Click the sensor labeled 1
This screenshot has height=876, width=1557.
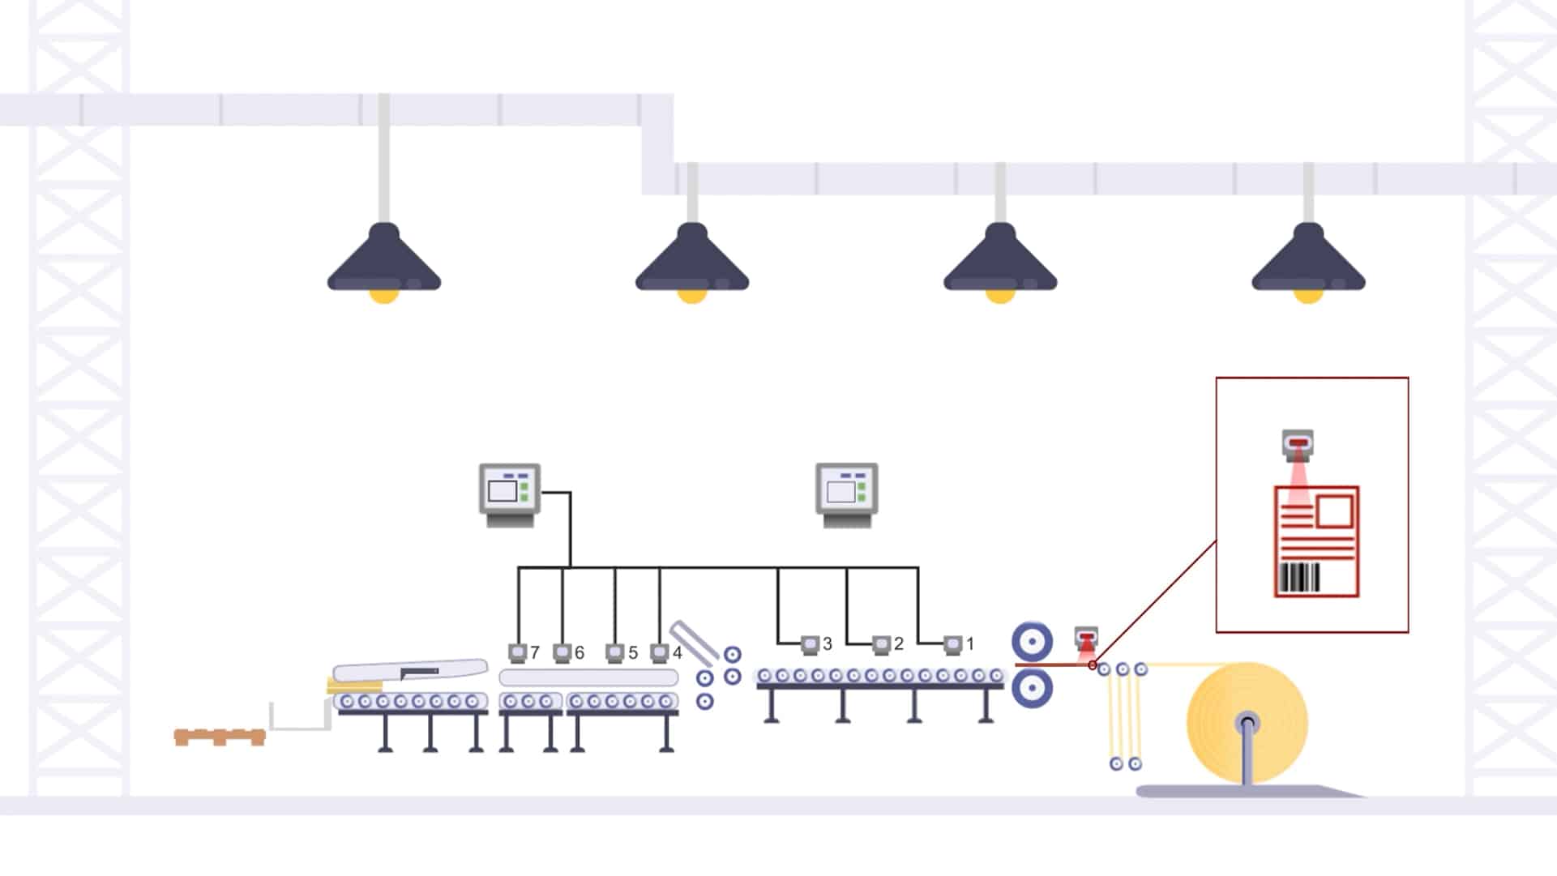tap(952, 645)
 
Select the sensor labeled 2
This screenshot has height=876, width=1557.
tap(881, 645)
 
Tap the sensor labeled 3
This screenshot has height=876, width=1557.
tap(810, 645)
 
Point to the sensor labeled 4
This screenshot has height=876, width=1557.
tap(660, 653)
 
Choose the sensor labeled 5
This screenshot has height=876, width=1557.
tap(615, 653)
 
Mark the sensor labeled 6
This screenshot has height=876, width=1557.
tap(562, 653)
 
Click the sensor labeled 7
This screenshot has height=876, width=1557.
tap(518, 653)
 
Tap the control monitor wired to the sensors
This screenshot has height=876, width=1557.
tap(510, 495)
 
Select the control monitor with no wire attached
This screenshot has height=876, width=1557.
tap(846, 495)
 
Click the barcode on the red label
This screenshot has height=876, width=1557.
tap(1298, 578)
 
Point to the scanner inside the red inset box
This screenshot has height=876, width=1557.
tap(1298, 444)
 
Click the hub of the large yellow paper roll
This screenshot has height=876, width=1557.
tap(1247, 722)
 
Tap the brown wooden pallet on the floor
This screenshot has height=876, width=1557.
tap(220, 737)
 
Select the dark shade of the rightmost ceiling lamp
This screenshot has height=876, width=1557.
tap(1308, 257)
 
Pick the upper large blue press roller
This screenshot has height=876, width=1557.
tap(1032, 643)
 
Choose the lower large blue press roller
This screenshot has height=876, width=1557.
tap(1032, 688)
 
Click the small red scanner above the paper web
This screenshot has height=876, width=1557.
tap(1086, 637)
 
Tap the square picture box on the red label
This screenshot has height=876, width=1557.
tap(1335, 511)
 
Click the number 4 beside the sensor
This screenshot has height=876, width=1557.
tap(678, 652)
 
